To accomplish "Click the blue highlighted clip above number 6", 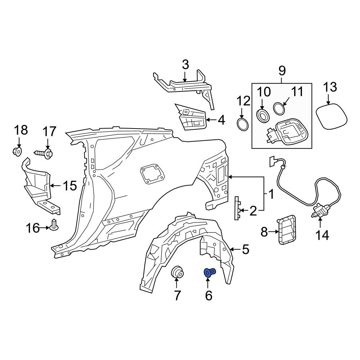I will (209, 273).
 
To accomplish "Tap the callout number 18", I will (21, 130).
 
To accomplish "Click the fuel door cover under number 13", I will (332, 116).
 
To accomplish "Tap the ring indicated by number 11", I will (279, 108).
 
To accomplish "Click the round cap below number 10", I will (262, 116).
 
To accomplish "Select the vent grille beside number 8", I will (287, 229).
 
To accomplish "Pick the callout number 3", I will (185, 65).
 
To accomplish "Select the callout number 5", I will (245, 249).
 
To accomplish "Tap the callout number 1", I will (271, 194).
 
